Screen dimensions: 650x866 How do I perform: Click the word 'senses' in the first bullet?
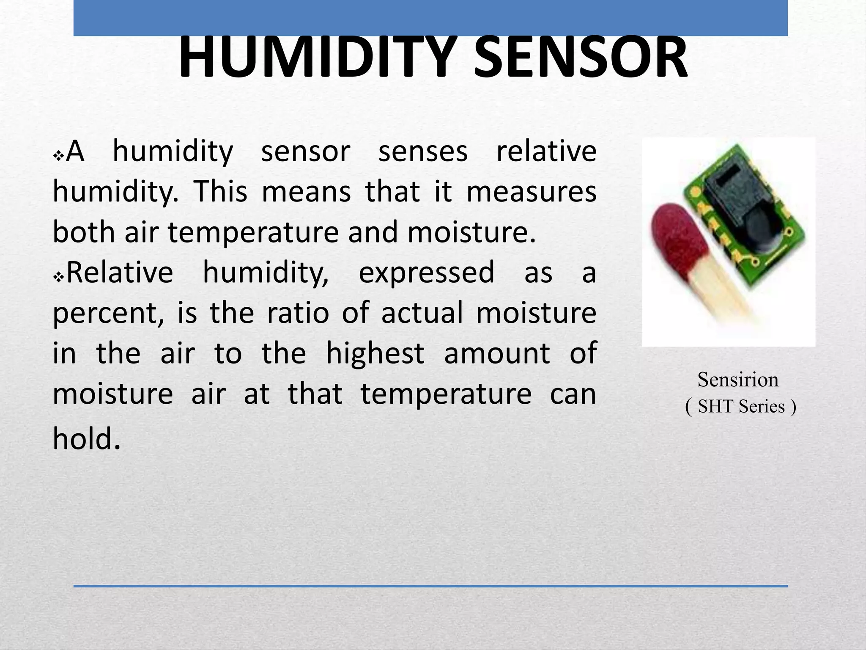423,151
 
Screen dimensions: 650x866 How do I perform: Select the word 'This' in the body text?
220,192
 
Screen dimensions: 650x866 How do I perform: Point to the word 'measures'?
531,192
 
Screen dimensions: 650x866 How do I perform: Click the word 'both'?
84,232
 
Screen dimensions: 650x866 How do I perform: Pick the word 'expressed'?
426,272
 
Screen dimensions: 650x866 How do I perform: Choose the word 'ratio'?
298,313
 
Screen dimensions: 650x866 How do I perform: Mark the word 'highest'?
375,354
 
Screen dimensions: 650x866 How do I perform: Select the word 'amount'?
497,354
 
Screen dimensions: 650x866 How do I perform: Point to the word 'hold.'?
87,438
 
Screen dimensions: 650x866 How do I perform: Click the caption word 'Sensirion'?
738,380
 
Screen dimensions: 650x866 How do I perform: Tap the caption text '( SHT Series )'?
740,407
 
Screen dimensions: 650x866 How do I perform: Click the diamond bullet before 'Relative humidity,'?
58,278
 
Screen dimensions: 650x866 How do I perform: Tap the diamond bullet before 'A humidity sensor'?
58,157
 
